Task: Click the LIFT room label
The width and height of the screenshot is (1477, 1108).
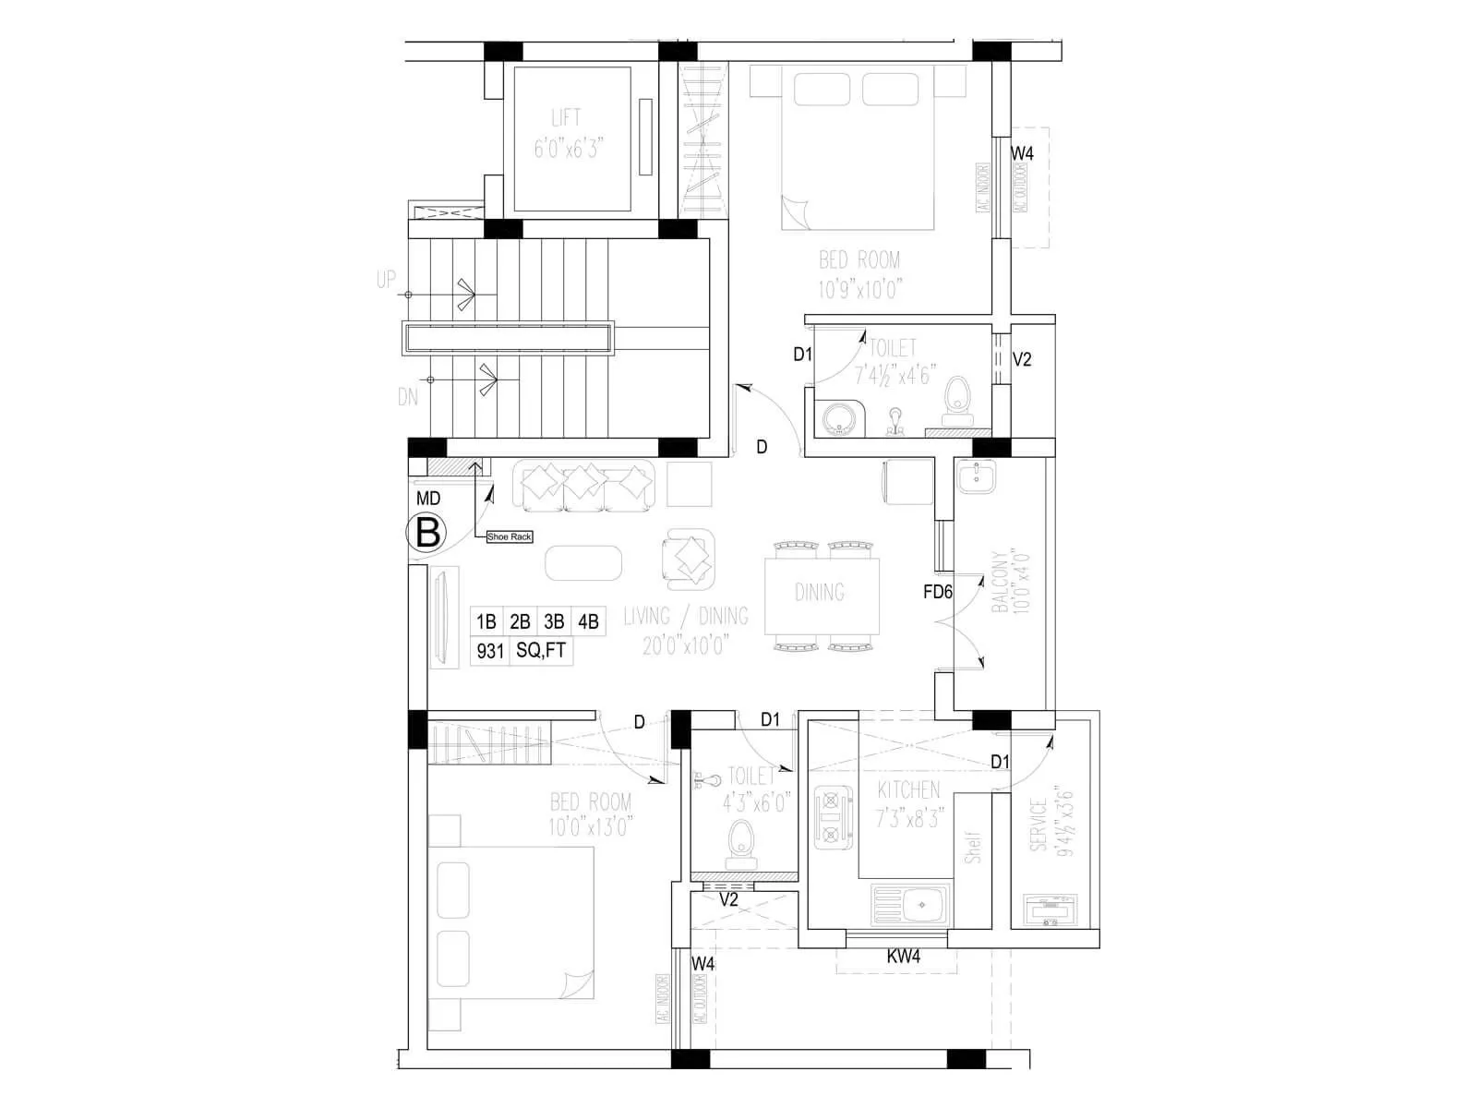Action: [x=566, y=118]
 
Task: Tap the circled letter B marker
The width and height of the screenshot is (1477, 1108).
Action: [x=427, y=534]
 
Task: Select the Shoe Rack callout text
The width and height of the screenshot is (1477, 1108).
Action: [x=510, y=536]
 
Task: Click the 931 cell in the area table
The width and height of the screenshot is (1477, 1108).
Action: [x=489, y=651]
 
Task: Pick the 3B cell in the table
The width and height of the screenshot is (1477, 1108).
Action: [x=554, y=621]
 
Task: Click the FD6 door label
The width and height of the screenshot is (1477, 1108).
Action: [x=937, y=592]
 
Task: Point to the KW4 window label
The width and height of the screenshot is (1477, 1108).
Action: [x=903, y=957]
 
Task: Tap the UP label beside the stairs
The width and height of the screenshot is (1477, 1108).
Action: [x=386, y=279]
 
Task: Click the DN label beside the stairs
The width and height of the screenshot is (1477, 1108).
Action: [x=407, y=397]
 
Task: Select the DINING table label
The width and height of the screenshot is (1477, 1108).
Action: [x=819, y=592]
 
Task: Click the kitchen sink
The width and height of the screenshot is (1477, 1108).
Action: [x=910, y=904]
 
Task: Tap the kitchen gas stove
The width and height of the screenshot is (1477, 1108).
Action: [x=831, y=816]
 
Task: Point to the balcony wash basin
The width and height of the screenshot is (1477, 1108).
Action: [x=977, y=477]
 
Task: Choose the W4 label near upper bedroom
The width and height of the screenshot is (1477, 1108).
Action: [x=1022, y=153]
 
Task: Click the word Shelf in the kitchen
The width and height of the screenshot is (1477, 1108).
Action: [x=972, y=847]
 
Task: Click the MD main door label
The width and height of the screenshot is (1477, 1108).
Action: [x=428, y=499]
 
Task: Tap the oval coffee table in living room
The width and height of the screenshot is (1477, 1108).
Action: [x=583, y=562]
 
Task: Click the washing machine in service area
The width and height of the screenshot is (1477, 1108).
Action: [x=1051, y=911]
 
